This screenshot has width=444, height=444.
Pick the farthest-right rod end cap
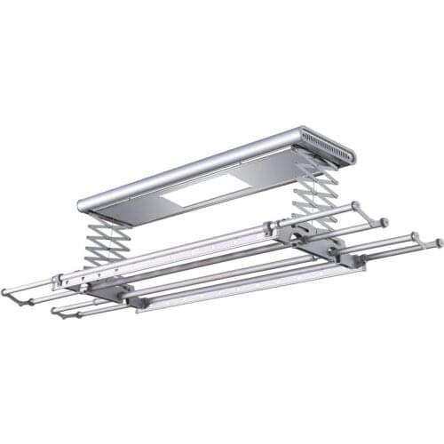click(x=438, y=242)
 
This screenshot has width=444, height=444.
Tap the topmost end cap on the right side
click(x=355, y=206)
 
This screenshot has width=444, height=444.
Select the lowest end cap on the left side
click(x=55, y=312)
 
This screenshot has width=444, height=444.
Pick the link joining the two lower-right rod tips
click(x=426, y=242)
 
